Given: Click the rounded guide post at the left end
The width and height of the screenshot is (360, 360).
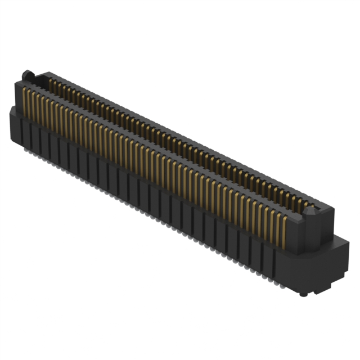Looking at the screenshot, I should click(26, 75).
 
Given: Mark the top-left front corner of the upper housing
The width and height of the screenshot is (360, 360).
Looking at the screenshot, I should click(13, 83).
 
